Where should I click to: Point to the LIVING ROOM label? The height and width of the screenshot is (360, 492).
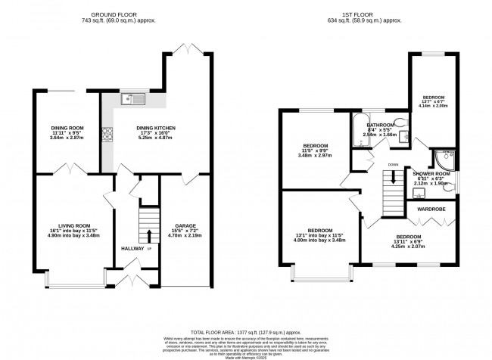[x=69, y=225]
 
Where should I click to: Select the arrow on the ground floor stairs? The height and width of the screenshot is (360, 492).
[x=149, y=234]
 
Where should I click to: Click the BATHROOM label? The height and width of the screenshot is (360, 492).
[x=380, y=125]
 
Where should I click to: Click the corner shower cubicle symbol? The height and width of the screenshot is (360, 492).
[x=442, y=158]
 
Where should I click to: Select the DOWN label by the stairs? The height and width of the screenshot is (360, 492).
[x=392, y=164]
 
